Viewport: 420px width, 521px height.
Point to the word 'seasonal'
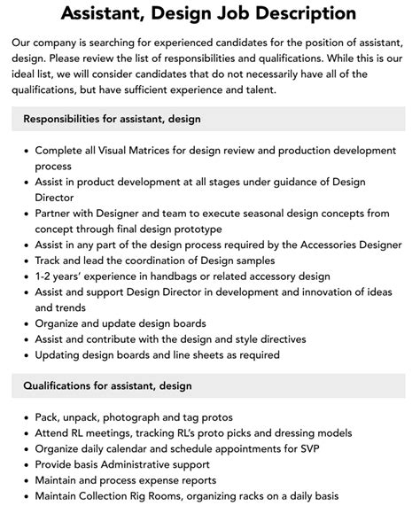(x=267, y=214)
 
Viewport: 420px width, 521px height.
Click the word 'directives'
(x=276, y=339)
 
